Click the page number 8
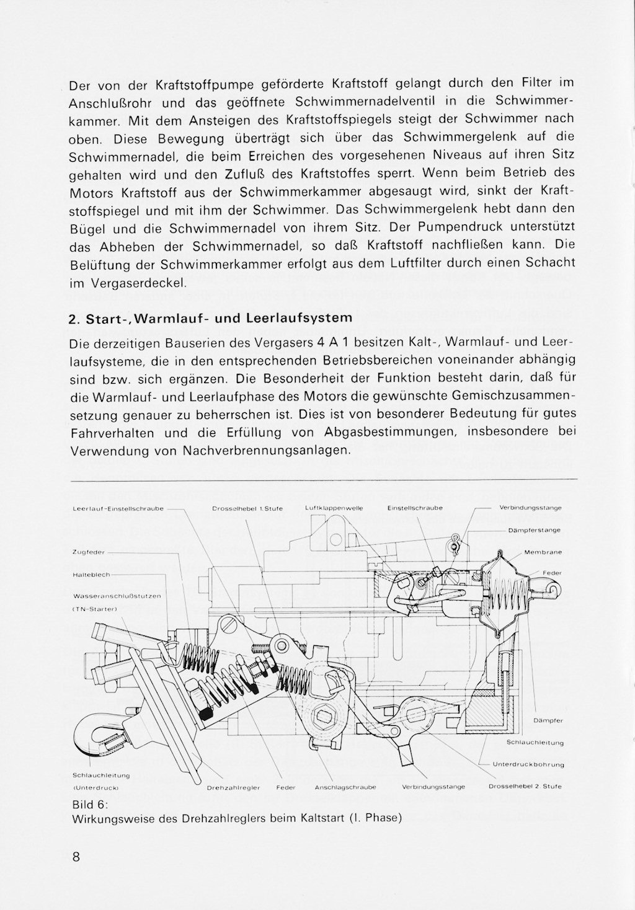pyautogui.click(x=76, y=857)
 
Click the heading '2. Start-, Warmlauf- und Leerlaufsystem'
pyautogui.click(x=210, y=319)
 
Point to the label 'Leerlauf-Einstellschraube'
pyautogui.click(x=118, y=508)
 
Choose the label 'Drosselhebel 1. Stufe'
pyautogui.click(x=247, y=508)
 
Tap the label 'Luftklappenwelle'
pyautogui.click(x=334, y=508)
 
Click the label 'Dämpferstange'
pyautogui.click(x=534, y=531)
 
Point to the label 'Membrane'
pyautogui.click(x=543, y=552)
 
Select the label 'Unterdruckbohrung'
pyautogui.click(x=528, y=764)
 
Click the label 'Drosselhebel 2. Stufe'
pyautogui.click(x=525, y=787)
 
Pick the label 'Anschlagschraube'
pyautogui.click(x=345, y=787)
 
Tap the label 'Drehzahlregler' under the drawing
pyautogui.click(x=233, y=787)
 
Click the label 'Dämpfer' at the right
pyautogui.click(x=548, y=720)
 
